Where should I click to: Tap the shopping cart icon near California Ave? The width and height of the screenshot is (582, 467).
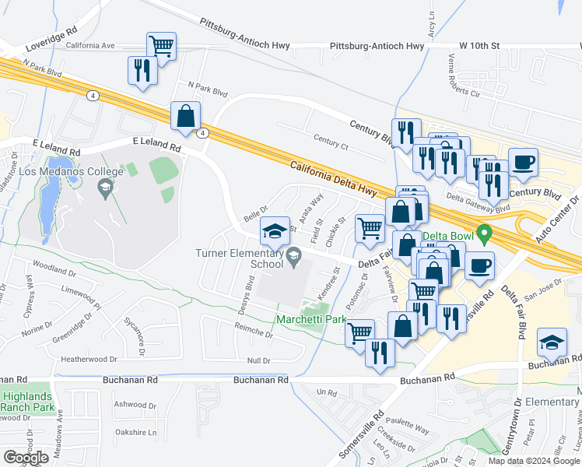tap(161, 45)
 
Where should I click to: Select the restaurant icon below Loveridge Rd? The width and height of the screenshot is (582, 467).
tap(142, 70)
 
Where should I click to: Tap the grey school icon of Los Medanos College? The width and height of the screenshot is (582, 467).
tap(104, 188)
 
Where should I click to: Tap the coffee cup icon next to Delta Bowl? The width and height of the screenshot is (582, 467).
tap(479, 265)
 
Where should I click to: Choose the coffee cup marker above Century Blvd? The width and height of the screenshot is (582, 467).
tap(523, 161)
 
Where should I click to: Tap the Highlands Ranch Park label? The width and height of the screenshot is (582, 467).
tap(28, 401)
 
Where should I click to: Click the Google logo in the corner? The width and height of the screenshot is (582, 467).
tap(26, 457)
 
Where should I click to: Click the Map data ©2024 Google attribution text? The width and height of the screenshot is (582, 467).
tap(533, 461)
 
